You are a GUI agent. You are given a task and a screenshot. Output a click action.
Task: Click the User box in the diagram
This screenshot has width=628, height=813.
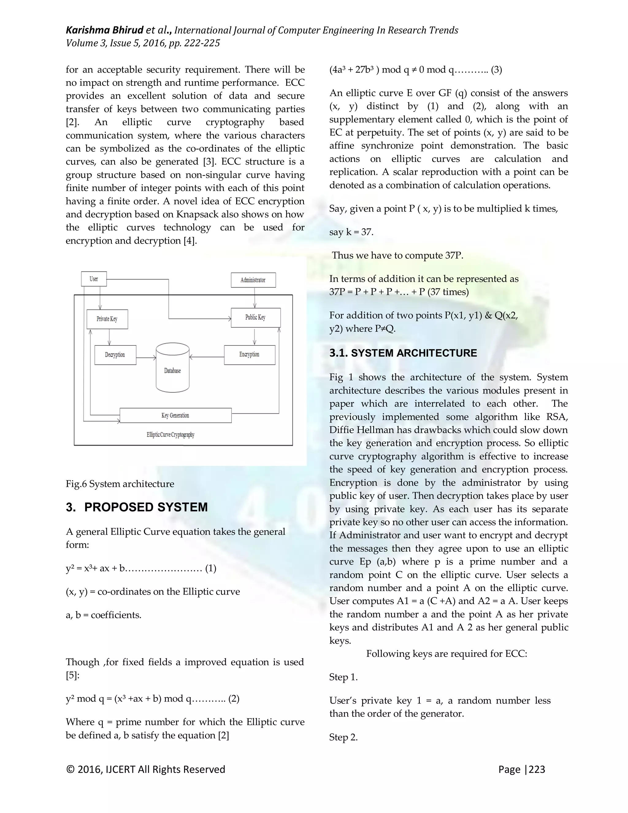[94, 279]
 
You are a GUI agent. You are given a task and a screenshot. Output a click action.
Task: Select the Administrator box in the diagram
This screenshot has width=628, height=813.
[253, 280]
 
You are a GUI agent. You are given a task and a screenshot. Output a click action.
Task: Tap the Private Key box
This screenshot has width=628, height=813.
[107, 319]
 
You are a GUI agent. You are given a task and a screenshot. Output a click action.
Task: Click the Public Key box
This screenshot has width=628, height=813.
[256, 318]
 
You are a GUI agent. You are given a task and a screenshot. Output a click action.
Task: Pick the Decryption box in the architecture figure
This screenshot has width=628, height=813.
[115, 355]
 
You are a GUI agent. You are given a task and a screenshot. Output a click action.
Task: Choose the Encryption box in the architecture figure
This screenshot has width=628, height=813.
[249, 354]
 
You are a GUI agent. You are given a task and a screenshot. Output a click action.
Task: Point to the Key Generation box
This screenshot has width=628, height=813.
[175, 415]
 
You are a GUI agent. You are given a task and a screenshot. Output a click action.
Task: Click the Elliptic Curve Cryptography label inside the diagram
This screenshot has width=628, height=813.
[170, 434]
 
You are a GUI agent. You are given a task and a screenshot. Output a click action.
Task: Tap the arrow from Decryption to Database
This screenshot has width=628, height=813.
[146, 358]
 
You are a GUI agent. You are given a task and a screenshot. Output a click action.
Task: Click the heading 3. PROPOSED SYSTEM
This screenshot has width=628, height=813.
[136, 507]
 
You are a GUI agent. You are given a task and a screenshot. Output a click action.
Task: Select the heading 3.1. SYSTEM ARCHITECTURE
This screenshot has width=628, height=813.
[403, 353]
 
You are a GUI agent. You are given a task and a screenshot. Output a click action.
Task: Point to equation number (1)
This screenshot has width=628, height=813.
[211, 568]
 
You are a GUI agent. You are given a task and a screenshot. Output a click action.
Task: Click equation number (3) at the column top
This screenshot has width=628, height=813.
[496, 70]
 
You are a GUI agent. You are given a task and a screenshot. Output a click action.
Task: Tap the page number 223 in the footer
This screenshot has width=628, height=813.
[537, 769]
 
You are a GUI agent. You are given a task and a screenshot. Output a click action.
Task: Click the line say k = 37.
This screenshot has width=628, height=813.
[351, 232]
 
